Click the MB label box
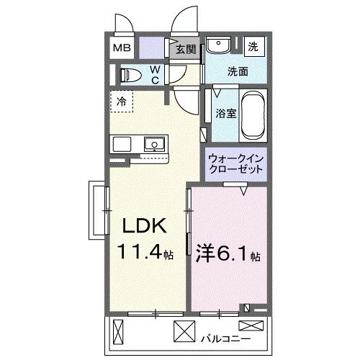[120, 49]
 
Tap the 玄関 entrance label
[185, 50]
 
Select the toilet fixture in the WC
[132, 74]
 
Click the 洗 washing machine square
[253, 46]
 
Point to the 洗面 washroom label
[238, 72]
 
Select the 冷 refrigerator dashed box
[122, 102]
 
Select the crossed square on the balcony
[184, 333]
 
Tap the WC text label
[155, 74]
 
